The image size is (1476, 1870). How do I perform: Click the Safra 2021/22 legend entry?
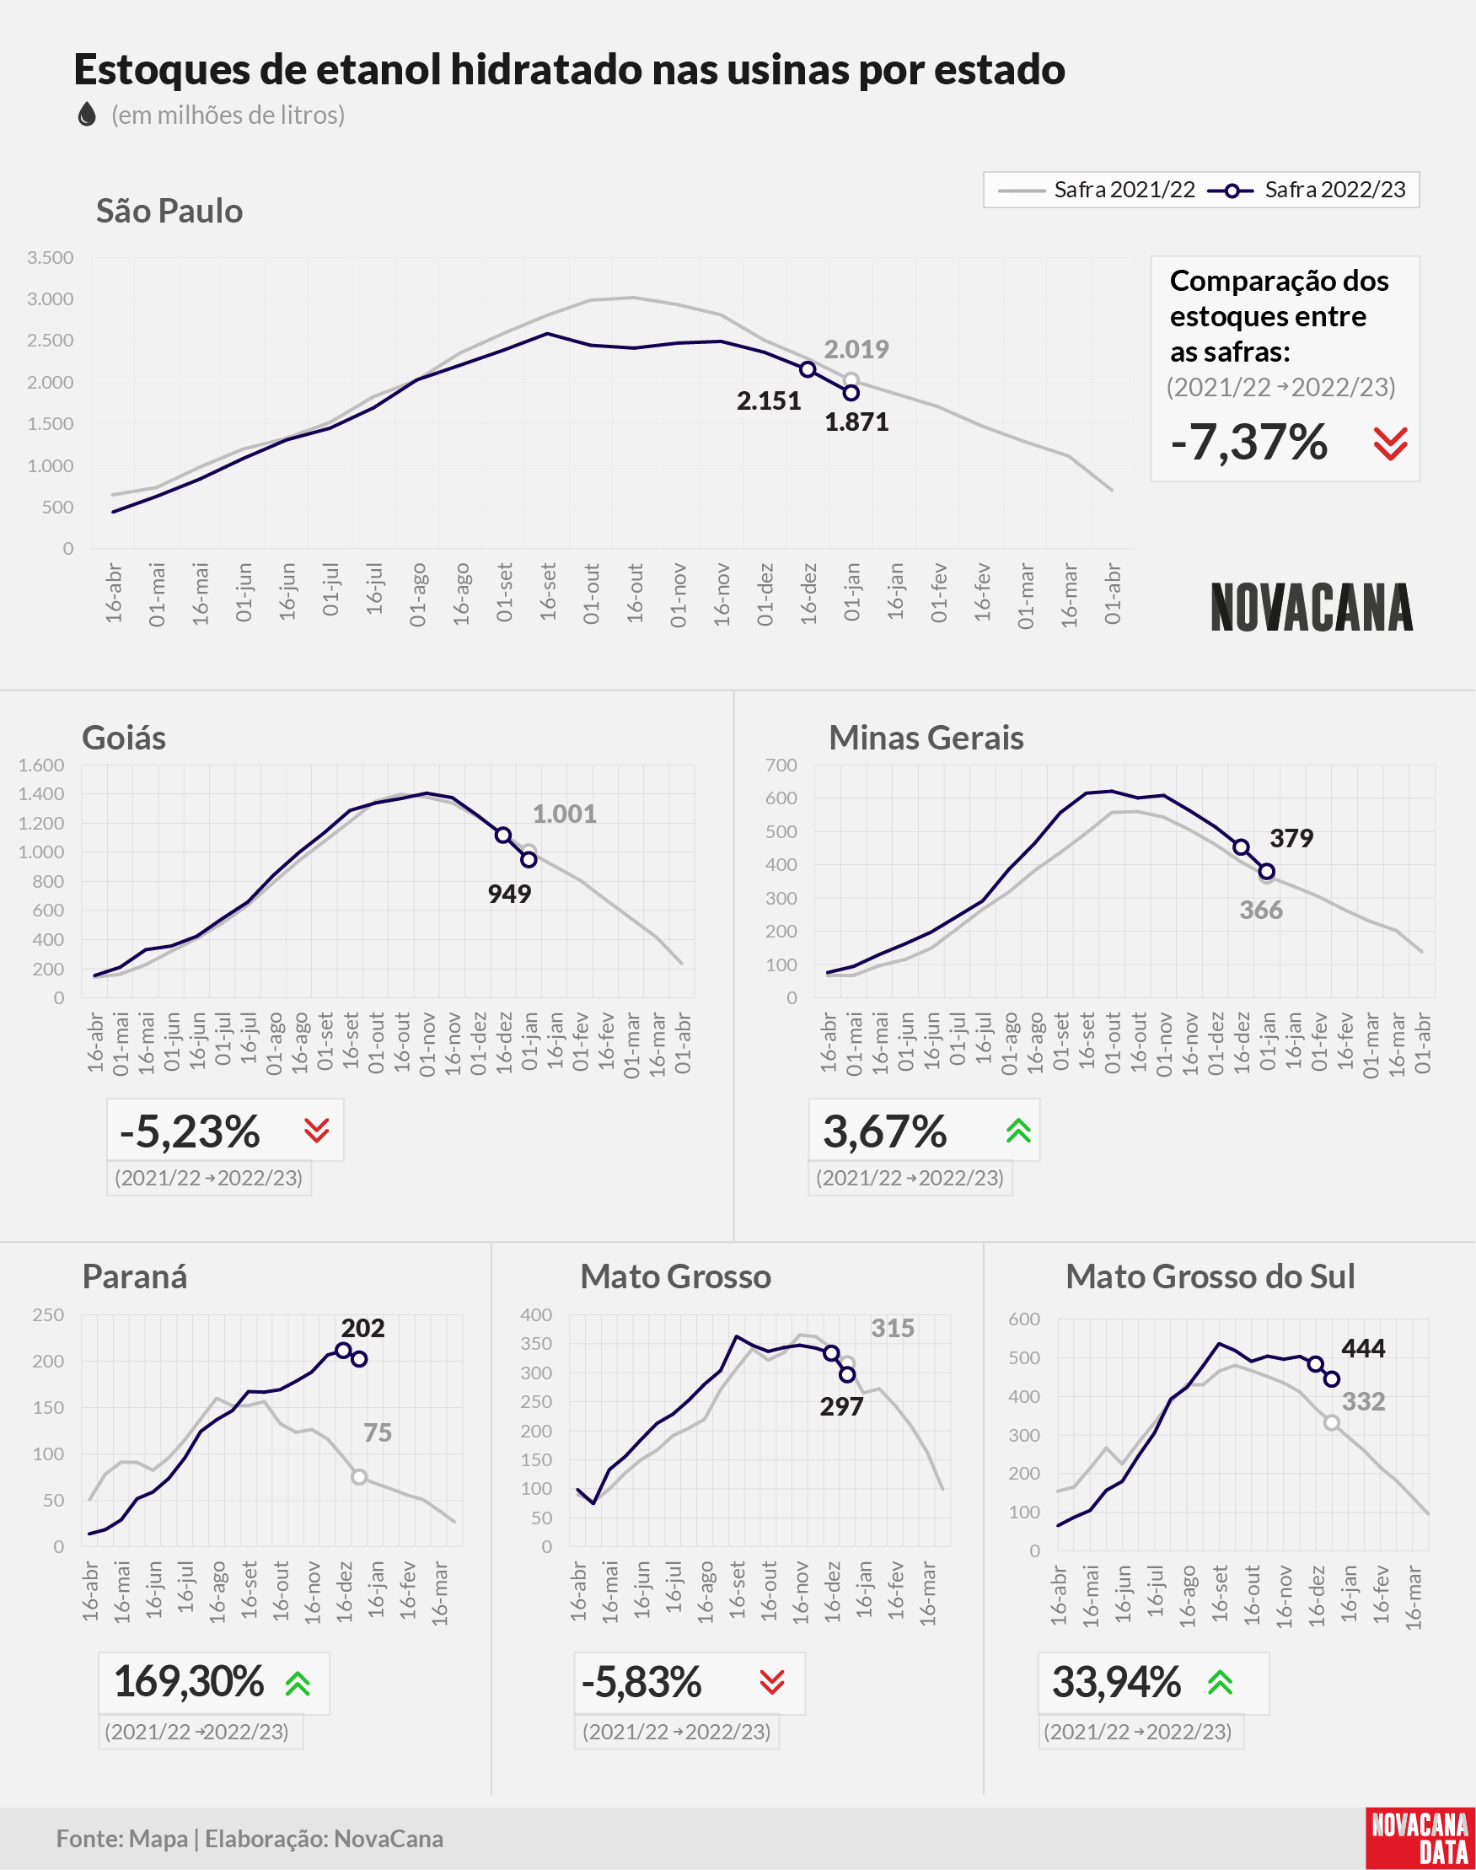click(1096, 190)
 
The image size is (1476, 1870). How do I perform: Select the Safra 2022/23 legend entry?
click(1307, 190)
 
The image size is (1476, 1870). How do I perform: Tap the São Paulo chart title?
click(169, 211)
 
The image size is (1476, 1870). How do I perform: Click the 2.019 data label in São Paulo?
click(856, 349)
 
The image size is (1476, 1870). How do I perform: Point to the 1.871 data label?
click(856, 422)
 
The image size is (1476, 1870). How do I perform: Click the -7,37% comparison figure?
click(1248, 443)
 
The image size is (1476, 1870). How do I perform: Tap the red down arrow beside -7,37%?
click(1391, 443)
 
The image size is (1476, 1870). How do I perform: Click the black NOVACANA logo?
click(1312, 608)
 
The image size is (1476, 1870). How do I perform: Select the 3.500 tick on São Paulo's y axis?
click(50, 257)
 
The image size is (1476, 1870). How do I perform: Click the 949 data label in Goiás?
click(509, 894)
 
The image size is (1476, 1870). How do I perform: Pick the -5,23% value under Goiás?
click(190, 1131)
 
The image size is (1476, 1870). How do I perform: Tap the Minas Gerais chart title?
click(926, 738)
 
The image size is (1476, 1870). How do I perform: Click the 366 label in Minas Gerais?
click(1261, 910)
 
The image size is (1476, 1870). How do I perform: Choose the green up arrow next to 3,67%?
click(1019, 1131)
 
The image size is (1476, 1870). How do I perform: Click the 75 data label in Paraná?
click(378, 1432)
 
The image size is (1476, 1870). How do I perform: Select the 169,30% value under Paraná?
click(188, 1681)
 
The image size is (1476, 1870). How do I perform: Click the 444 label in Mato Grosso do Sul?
click(1363, 1348)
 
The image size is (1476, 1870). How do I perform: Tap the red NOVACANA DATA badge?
click(1420, 1838)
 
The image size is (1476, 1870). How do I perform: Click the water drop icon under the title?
click(87, 114)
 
